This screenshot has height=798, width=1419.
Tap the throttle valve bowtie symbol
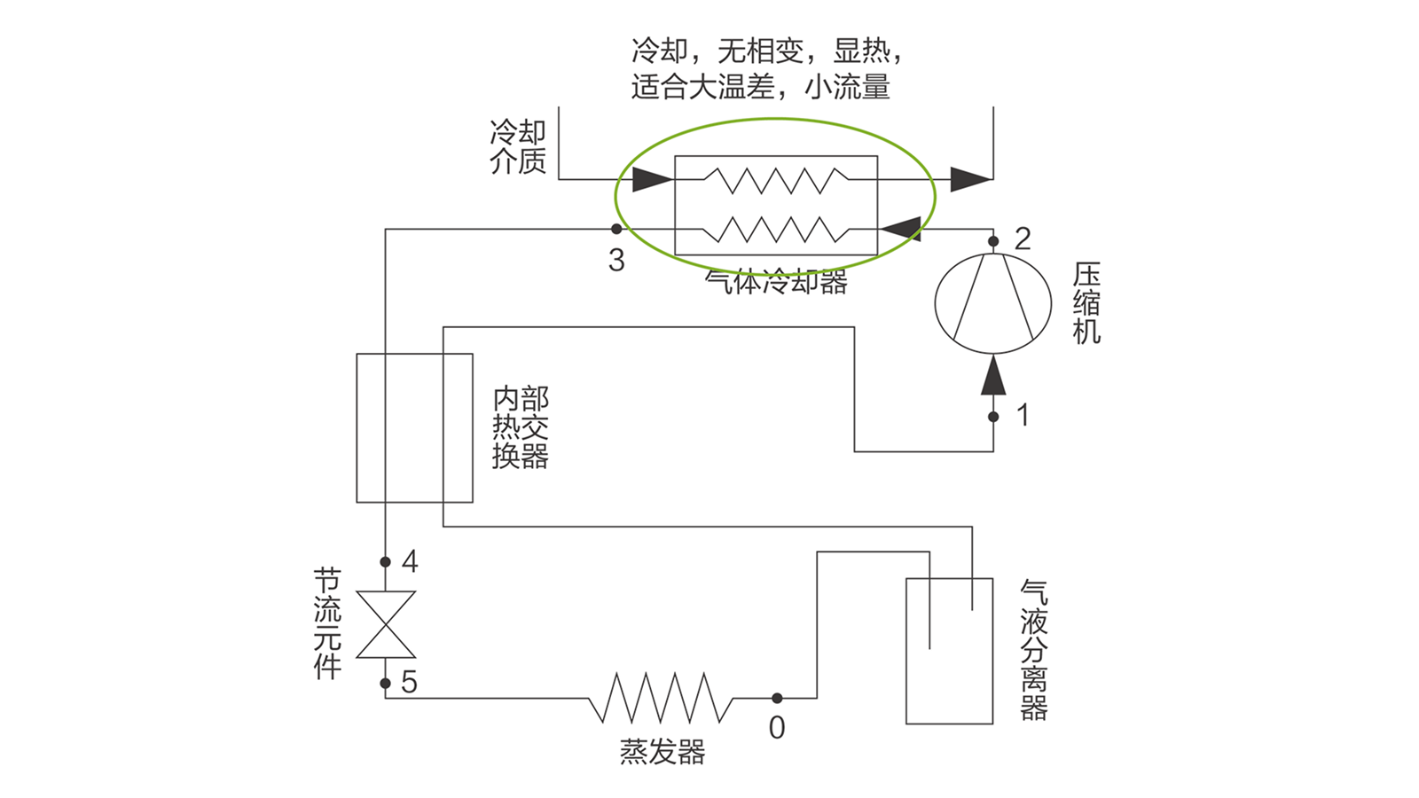386,624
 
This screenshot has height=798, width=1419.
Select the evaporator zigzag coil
661,697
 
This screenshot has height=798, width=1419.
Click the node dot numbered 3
615,229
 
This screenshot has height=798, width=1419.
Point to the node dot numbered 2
993,241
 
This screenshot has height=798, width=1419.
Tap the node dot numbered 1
993,417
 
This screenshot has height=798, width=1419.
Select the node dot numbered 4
385,562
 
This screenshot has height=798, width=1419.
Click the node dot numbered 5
385,684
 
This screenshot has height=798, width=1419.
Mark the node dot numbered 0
777,698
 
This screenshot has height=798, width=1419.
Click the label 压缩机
1086,302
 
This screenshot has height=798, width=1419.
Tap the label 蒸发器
662,752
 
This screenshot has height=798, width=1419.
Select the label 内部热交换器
520,427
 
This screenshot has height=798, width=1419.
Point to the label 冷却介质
518,147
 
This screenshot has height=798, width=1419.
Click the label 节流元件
327,624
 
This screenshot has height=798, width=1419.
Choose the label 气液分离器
1034,651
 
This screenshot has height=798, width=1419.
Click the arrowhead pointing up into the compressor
993,375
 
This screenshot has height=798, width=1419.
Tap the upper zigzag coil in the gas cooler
776,180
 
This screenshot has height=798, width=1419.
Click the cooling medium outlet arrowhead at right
971,179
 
